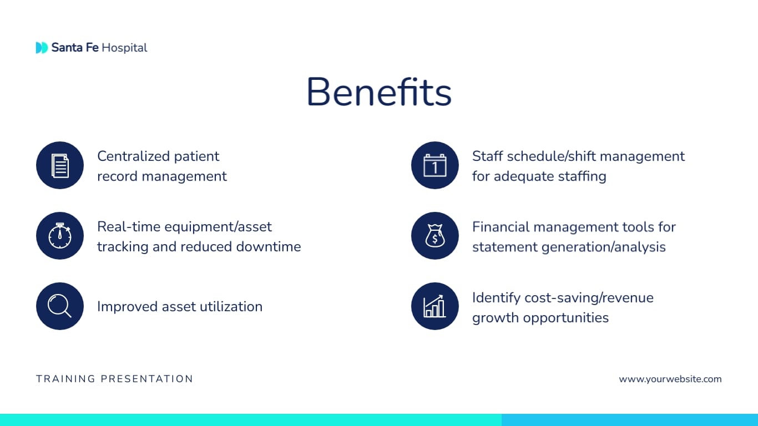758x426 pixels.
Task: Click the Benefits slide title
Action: click(x=379, y=92)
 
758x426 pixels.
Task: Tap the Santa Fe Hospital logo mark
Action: click(x=42, y=48)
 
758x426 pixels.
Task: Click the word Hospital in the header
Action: click(x=124, y=48)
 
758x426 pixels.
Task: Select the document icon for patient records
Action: click(x=60, y=165)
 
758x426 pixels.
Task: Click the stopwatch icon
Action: click(x=60, y=236)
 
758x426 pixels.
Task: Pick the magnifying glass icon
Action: click(x=60, y=306)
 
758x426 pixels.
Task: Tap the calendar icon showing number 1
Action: click(x=434, y=165)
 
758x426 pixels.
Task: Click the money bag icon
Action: click(x=434, y=236)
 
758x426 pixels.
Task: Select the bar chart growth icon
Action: click(x=434, y=306)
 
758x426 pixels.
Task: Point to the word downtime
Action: click(x=269, y=246)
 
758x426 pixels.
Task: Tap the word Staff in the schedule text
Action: click(x=486, y=156)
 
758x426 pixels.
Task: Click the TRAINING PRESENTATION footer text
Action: click(x=115, y=379)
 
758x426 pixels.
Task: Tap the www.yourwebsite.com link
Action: click(x=670, y=379)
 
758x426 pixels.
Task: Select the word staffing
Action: click(x=579, y=176)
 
